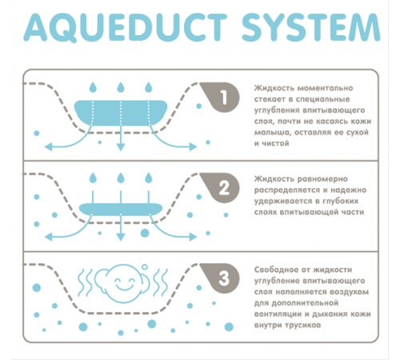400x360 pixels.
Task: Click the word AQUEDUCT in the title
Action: pyautogui.click(x=126, y=27)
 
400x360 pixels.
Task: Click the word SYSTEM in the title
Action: pyautogui.click(x=310, y=27)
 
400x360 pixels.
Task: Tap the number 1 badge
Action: pyautogui.click(x=220, y=97)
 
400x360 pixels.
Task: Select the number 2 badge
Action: pyautogui.click(x=220, y=187)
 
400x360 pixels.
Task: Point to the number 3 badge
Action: pyautogui.click(x=220, y=278)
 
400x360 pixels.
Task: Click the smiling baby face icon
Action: pyautogui.click(x=122, y=282)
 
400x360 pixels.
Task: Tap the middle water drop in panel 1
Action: pyautogui.click(x=121, y=87)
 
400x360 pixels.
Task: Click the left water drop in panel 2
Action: pyautogui.click(x=93, y=178)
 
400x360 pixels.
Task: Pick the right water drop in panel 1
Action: pyautogui.click(x=149, y=87)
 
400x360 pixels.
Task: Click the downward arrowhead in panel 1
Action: pyautogui.click(x=121, y=147)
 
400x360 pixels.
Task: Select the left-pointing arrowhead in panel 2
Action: pyautogui.click(x=48, y=237)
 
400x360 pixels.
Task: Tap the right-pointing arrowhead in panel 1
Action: pyautogui.click(x=193, y=146)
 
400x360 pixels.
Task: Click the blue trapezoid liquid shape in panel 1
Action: pyautogui.click(x=121, y=113)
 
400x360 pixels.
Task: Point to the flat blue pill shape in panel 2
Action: pyautogui.click(x=121, y=209)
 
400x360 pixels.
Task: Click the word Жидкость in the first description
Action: pyautogui.click(x=274, y=88)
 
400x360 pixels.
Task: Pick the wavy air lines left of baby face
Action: pyautogui.click(x=85, y=282)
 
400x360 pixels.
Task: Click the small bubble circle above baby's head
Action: pyautogui.click(x=145, y=266)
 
